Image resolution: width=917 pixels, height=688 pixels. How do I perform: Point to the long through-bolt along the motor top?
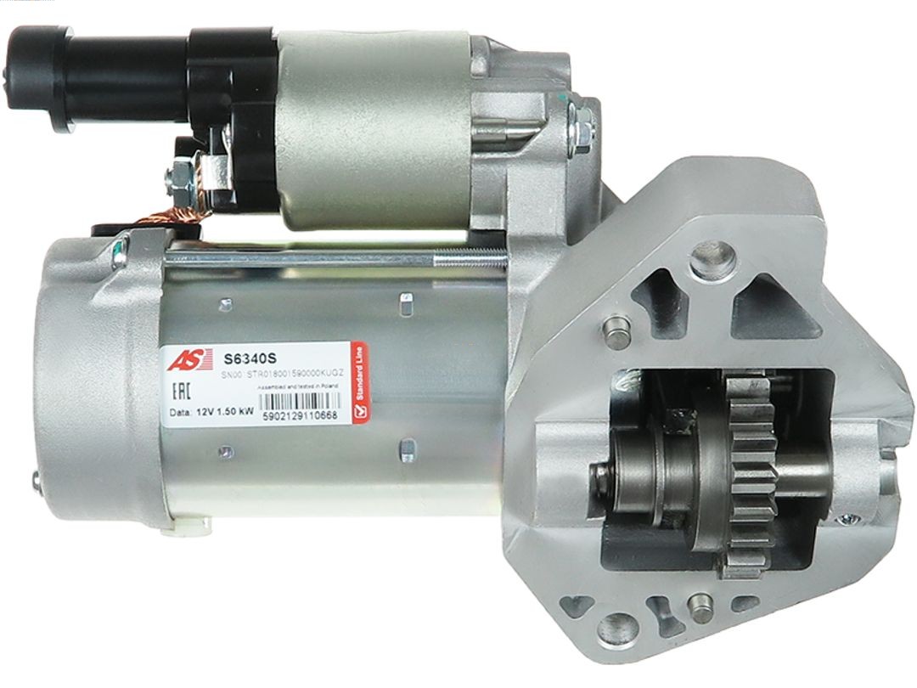pos(340,255)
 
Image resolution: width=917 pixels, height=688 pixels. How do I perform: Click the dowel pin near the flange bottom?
pos(700,606)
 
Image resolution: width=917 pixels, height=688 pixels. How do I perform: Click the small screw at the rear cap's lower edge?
pos(36,482)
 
